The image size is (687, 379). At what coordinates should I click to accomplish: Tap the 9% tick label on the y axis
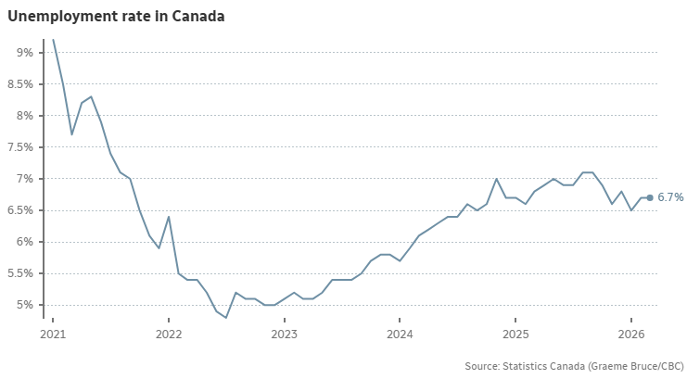tap(24, 53)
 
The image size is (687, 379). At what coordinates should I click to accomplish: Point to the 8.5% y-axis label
tap(19, 84)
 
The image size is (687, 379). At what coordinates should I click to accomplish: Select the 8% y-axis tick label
tap(24, 116)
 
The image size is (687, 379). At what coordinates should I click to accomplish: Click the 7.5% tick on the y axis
tap(19, 147)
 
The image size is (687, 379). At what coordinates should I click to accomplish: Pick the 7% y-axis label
tap(24, 179)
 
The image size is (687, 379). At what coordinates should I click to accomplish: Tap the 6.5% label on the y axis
tap(19, 210)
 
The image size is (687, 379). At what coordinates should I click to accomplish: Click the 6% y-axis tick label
tap(24, 242)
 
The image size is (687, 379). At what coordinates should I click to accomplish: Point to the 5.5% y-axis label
tap(19, 273)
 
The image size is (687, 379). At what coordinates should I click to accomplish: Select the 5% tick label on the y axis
tap(24, 305)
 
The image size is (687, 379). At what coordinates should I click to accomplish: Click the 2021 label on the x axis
tap(53, 334)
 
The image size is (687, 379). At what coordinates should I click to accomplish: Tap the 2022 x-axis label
tap(169, 334)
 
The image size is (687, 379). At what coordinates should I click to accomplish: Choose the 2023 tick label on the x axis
tap(284, 334)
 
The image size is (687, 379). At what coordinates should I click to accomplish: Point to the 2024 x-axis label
tap(400, 334)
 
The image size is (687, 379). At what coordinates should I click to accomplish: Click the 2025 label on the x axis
tap(515, 334)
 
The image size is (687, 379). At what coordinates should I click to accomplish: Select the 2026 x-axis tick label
tap(631, 334)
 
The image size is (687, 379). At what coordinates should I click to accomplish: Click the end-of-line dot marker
tap(650, 197)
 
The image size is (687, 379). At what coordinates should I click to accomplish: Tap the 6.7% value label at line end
tap(670, 197)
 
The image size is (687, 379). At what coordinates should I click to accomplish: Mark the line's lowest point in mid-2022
tap(226, 318)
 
